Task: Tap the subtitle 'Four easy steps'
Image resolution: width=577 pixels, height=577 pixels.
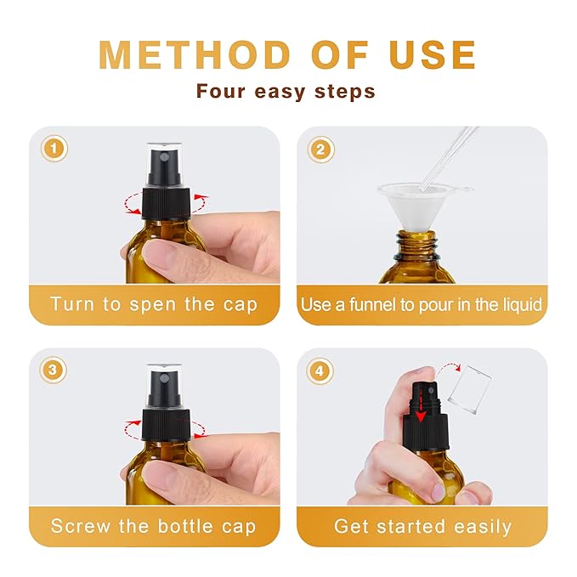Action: tap(286, 91)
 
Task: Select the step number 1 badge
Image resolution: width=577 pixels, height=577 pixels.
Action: tap(54, 150)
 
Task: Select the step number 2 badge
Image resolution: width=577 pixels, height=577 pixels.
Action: tap(320, 150)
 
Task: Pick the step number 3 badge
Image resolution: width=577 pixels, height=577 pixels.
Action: tap(54, 371)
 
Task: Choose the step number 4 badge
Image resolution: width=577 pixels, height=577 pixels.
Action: tap(320, 371)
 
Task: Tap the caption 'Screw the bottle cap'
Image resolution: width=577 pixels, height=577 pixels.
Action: tap(153, 526)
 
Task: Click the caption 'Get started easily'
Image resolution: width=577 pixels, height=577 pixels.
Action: tap(422, 526)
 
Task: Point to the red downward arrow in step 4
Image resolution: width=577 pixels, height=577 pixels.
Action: tap(420, 411)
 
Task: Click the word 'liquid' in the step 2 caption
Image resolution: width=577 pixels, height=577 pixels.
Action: tap(518, 304)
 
